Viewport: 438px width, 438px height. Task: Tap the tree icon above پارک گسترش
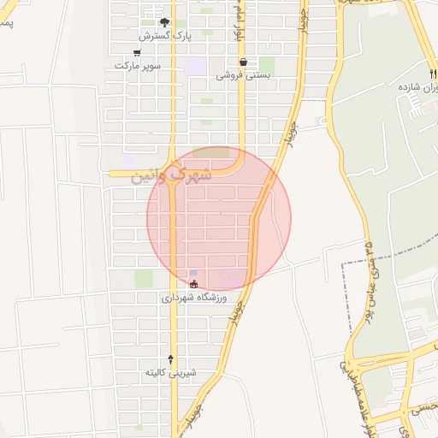(x=165, y=23)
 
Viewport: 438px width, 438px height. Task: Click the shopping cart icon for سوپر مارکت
(x=136, y=53)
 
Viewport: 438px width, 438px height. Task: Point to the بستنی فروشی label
(x=242, y=74)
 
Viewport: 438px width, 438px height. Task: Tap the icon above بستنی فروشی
(x=244, y=62)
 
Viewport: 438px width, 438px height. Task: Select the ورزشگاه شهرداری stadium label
(x=194, y=299)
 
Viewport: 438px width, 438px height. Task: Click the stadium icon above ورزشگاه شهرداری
(x=193, y=284)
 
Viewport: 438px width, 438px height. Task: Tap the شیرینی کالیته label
(x=170, y=372)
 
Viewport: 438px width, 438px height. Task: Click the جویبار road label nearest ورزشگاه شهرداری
(x=237, y=311)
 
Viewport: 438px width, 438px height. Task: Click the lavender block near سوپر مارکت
(x=196, y=66)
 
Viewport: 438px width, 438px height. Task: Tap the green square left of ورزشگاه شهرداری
(x=143, y=279)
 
